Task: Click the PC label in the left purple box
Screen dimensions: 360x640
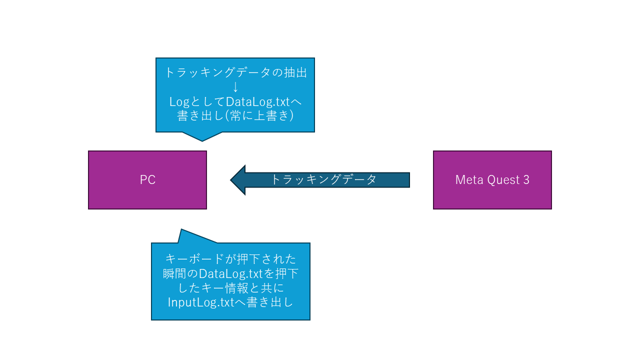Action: [x=147, y=180]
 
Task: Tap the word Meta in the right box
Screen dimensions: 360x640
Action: [x=466, y=180]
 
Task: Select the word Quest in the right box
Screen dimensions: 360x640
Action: [x=500, y=180]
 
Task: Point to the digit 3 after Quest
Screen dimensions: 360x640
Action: [x=526, y=180]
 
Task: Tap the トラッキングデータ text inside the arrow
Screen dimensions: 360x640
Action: [x=323, y=179]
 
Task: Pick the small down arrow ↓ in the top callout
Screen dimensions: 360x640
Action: [x=235, y=86]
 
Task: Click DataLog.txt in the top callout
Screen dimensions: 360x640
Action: [x=258, y=101]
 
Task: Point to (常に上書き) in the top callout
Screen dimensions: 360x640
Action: [x=261, y=115]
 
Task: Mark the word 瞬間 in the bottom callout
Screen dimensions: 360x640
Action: [x=174, y=274]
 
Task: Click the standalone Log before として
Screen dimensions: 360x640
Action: [x=178, y=101]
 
